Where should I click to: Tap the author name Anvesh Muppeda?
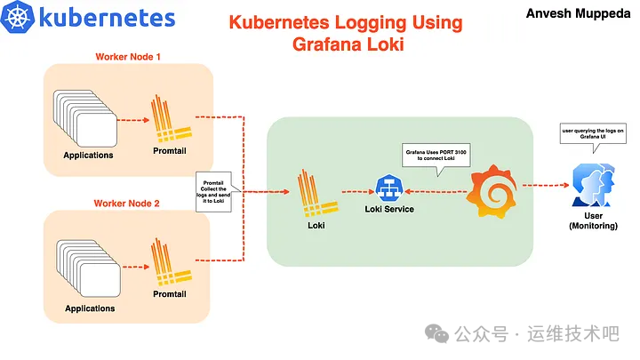[576, 13]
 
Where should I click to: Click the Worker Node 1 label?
[128, 58]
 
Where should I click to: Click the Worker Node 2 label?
[127, 204]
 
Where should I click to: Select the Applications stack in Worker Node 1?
[85, 117]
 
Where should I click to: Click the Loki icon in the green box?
[311, 189]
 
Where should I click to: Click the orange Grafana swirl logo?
[492, 188]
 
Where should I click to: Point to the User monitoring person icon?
[591, 187]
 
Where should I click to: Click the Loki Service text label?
[389, 209]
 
